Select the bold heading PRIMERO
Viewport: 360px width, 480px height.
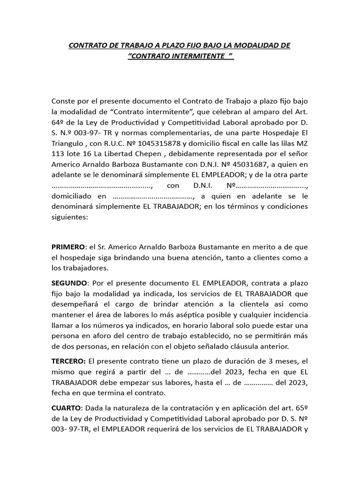tap(68, 247)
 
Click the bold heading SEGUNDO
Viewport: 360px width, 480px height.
tap(69, 283)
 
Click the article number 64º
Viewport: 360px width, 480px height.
tap(58, 123)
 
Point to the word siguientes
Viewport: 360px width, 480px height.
tap(69, 217)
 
